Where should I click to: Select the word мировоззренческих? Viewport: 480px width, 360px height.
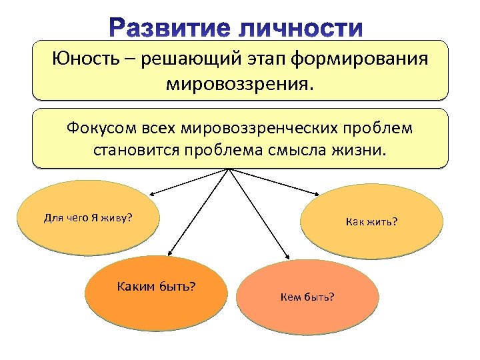click(x=261, y=127)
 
